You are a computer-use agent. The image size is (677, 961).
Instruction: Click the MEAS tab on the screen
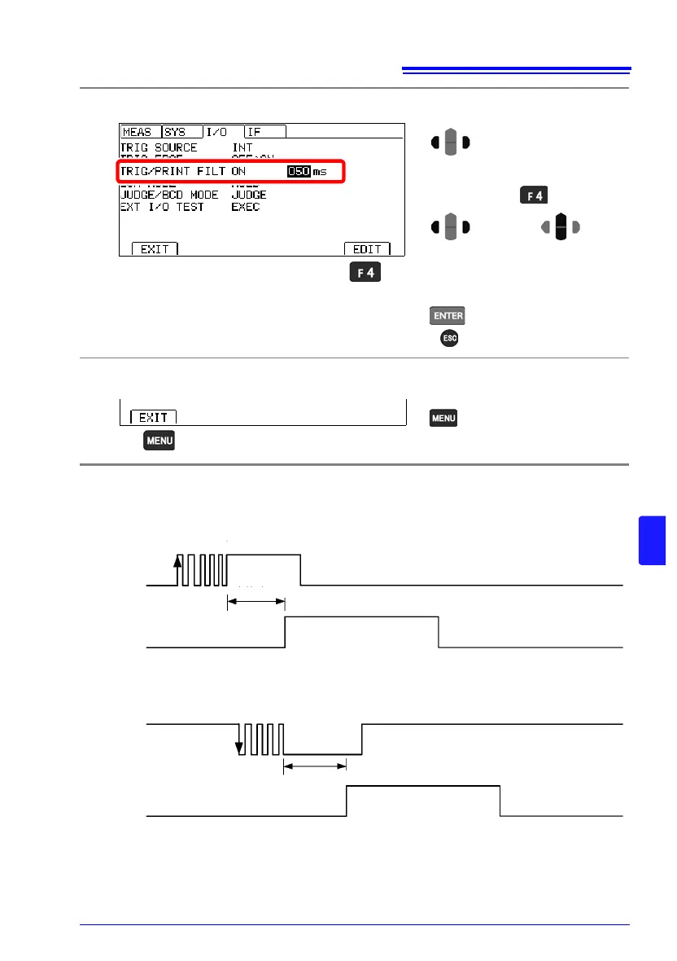pos(138,132)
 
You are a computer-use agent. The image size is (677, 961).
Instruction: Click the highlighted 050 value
pos(299,172)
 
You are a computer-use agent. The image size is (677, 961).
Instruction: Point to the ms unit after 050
pos(320,173)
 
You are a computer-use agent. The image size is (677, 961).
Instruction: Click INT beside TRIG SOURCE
pos(242,148)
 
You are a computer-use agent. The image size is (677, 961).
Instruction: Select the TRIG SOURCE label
pos(159,148)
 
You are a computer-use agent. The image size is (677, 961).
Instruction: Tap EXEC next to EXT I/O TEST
pos(247,207)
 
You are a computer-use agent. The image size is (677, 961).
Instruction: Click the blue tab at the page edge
pos(653,539)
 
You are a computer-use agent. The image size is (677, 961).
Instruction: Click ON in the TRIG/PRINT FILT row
pos(238,173)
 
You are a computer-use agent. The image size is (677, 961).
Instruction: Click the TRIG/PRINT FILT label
pos(173,173)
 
